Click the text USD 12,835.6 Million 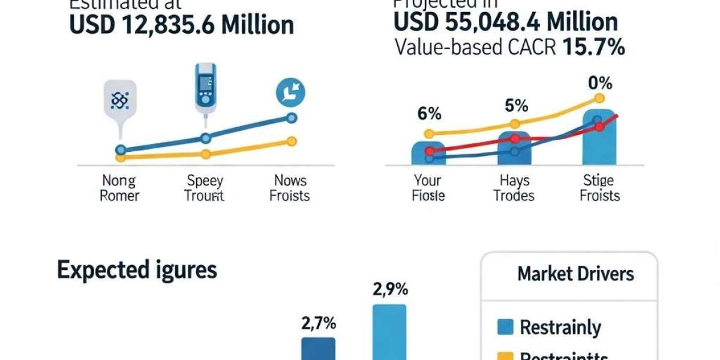pos(182,25)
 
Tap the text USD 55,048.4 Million pos(505,22)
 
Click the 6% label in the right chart pos(429,113)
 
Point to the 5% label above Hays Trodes pos(515,106)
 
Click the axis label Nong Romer pos(119,188)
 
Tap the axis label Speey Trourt pos(205,188)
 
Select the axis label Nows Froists pos(290,188)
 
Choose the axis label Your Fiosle pos(428,188)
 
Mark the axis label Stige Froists pos(599,188)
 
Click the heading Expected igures pos(137,270)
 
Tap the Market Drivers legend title pos(575,274)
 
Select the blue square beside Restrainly pos(506,327)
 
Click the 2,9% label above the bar pos(390,289)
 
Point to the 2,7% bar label pos(318,323)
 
